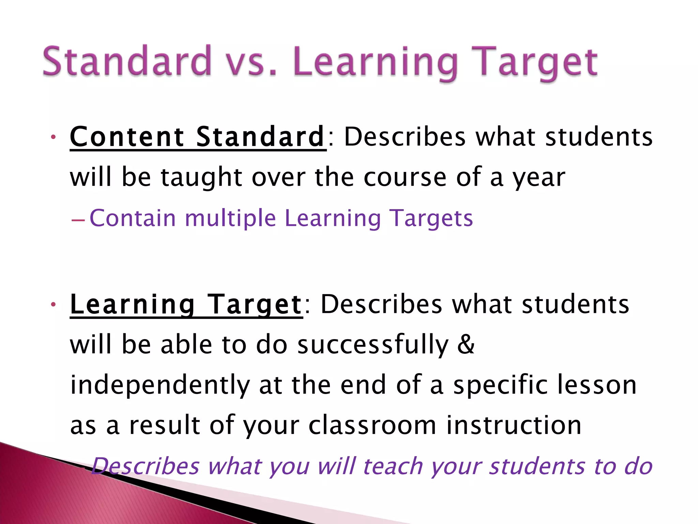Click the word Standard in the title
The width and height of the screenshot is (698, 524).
(x=127, y=61)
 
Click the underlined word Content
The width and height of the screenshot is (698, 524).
(x=127, y=137)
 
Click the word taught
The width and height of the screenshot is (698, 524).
(x=201, y=177)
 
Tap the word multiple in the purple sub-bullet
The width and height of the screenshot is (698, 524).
(x=230, y=218)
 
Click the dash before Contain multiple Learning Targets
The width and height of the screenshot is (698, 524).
(x=78, y=220)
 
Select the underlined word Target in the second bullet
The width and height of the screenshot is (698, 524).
(x=255, y=305)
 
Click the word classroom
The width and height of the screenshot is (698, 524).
(x=372, y=425)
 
